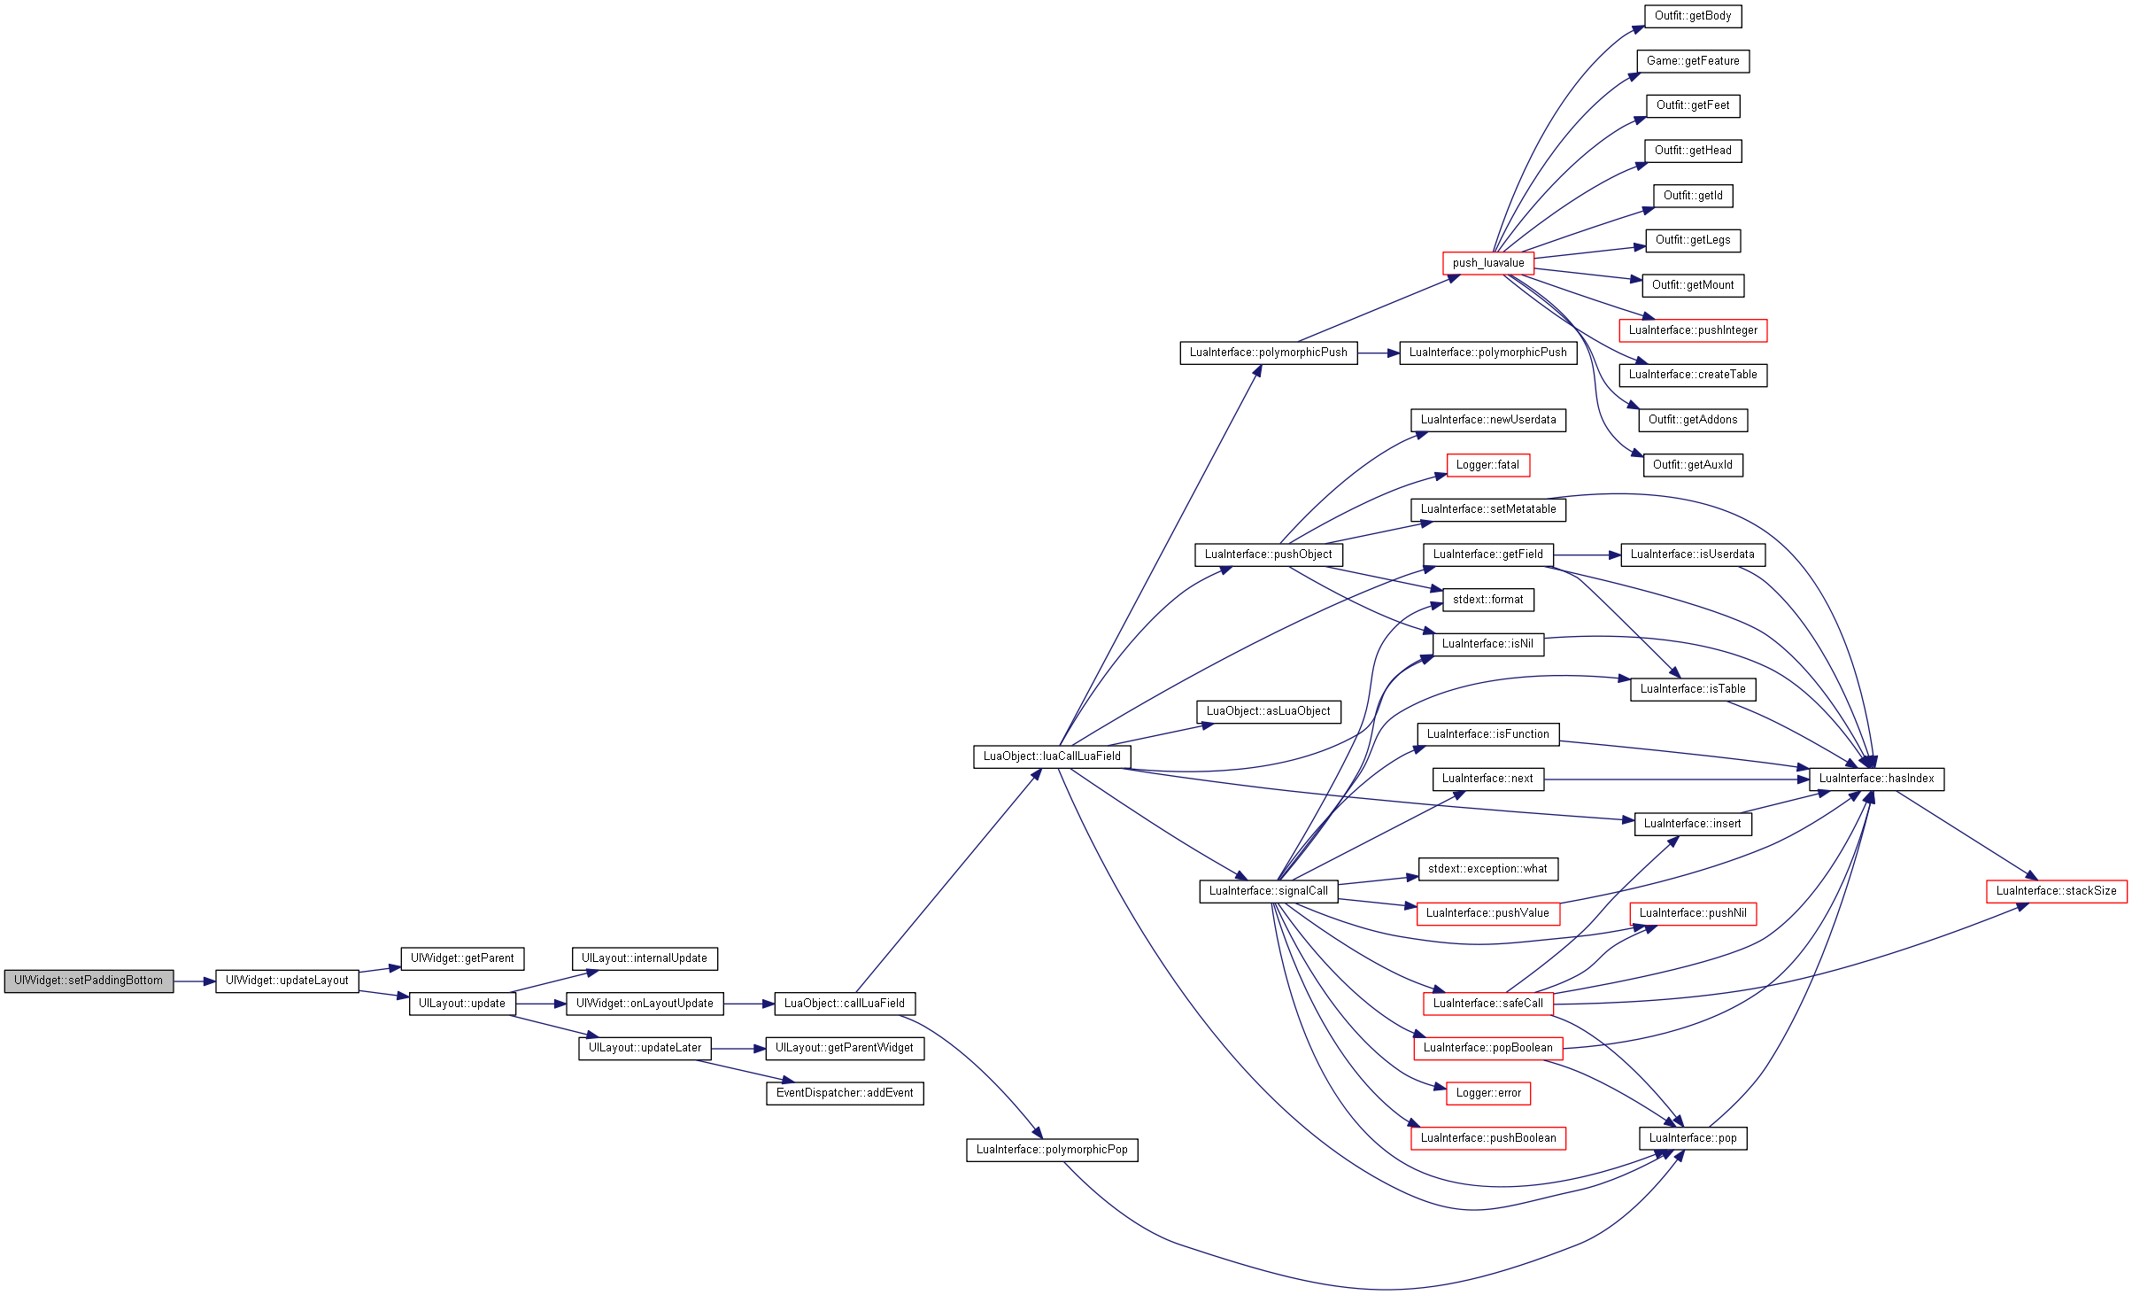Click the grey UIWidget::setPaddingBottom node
[x=89, y=981]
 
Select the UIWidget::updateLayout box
[x=287, y=981]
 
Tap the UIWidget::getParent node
[x=462, y=958]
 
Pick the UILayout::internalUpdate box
[x=645, y=958]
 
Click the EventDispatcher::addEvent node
[x=845, y=1093]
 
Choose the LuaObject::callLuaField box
[x=845, y=1004]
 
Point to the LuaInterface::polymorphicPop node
[x=1052, y=1150]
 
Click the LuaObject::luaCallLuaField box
[x=1052, y=756]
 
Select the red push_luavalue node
[x=1488, y=263]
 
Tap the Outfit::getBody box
[x=1693, y=16]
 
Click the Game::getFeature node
[x=1693, y=61]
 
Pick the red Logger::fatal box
[x=1488, y=465]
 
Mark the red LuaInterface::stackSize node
[x=2057, y=891]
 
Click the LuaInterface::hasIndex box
[x=1877, y=779]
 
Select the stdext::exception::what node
[x=1488, y=869]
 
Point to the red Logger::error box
[x=1488, y=1093]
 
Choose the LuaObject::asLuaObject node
[x=1269, y=711]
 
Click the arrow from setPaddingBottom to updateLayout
[x=195, y=981]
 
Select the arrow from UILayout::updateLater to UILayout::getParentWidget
[x=738, y=1049]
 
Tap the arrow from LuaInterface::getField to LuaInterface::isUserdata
[x=1587, y=555]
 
